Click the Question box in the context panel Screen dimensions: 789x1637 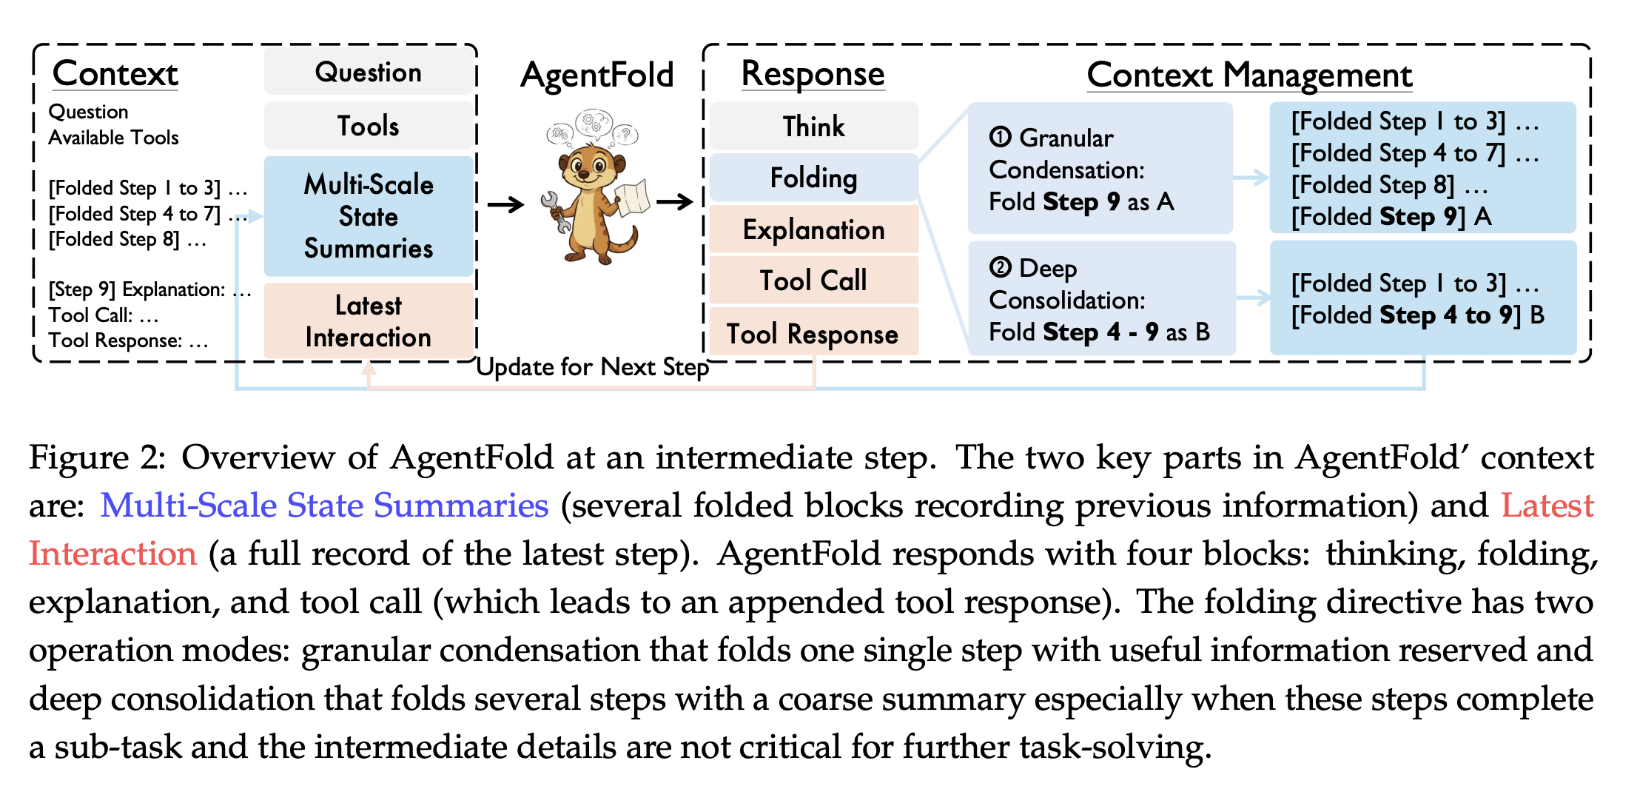click(x=368, y=72)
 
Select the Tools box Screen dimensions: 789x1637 click(x=368, y=125)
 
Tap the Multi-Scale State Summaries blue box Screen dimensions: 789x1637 click(x=368, y=215)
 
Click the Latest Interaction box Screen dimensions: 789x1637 click(x=368, y=320)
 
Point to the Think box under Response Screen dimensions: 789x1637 click(x=813, y=126)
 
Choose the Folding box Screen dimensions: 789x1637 click(x=813, y=178)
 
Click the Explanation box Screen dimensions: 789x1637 click(x=813, y=229)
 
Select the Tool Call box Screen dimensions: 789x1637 click(x=813, y=281)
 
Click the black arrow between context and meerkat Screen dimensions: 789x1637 click(x=505, y=204)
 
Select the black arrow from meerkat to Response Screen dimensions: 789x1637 click(x=674, y=201)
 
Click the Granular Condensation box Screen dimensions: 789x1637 click(x=1100, y=169)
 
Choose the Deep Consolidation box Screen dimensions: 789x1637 click(x=1101, y=299)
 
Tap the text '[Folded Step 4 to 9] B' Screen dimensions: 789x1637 click(x=1417, y=315)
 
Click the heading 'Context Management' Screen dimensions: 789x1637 click(x=1249, y=75)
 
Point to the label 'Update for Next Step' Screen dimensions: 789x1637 click(x=592, y=366)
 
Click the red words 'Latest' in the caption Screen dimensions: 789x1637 click(x=1547, y=505)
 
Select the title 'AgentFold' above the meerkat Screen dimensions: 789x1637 click(x=596, y=75)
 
